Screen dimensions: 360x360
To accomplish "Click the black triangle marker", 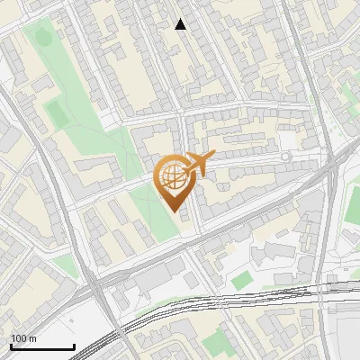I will click(181, 24).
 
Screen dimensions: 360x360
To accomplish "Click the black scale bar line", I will click(41, 347).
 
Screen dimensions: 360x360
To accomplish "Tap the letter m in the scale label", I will click(32, 338).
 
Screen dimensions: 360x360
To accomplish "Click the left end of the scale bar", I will click(10, 347).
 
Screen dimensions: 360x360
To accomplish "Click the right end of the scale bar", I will click(74, 347).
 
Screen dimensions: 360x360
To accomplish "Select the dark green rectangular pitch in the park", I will click(57, 112).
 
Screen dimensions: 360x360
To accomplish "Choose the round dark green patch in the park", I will click(40, 39).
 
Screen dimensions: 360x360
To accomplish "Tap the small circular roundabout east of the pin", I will click(286, 157).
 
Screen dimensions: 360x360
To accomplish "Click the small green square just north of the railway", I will click(239, 281).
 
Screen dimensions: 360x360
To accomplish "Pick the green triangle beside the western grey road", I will click(65, 265).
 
